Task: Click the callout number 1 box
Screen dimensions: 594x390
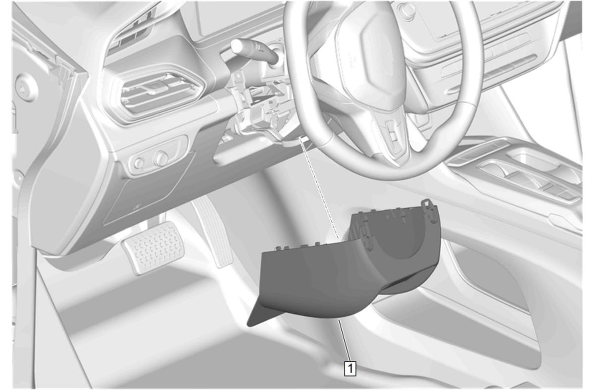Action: tap(350, 368)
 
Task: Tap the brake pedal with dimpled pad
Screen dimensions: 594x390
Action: tap(153, 247)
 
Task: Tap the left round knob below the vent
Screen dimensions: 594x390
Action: tap(139, 162)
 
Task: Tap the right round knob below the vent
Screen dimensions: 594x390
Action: tap(161, 158)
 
